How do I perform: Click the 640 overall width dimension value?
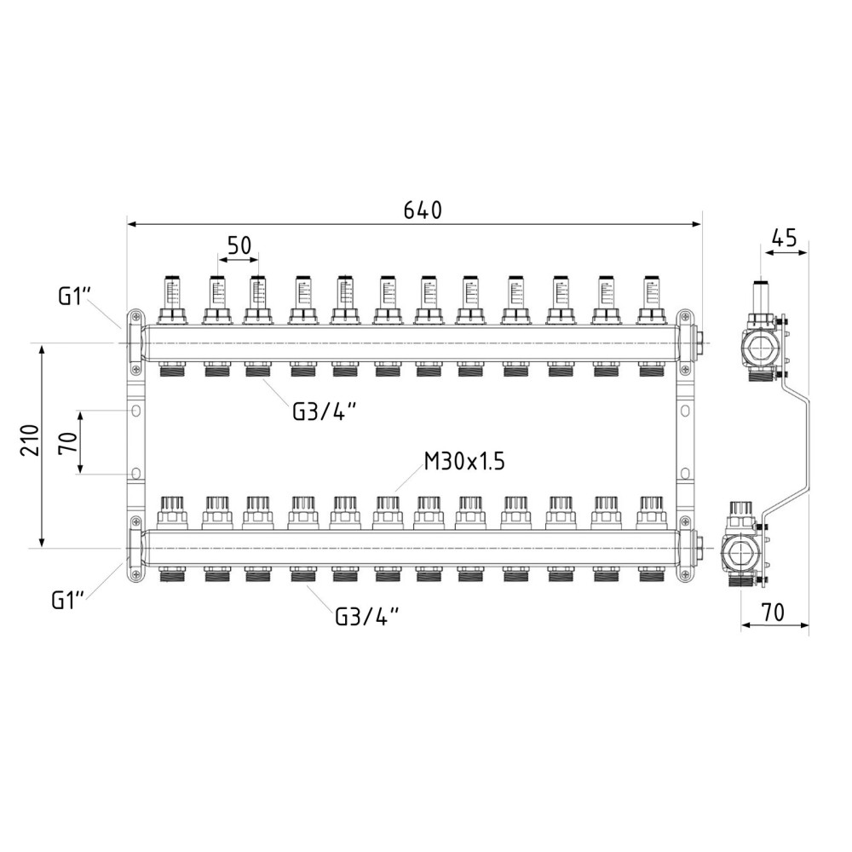[423, 210]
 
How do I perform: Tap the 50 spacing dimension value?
[239, 245]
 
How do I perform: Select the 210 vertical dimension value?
[31, 440]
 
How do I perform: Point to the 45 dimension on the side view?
[784, 239]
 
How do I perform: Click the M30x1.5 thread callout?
[464, 462]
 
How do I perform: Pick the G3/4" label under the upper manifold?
[325, 412]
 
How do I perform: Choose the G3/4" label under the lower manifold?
[366, 616]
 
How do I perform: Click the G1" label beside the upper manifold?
[74, 296]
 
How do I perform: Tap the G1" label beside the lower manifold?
[68, 601]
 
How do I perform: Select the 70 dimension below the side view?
[772, 613]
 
